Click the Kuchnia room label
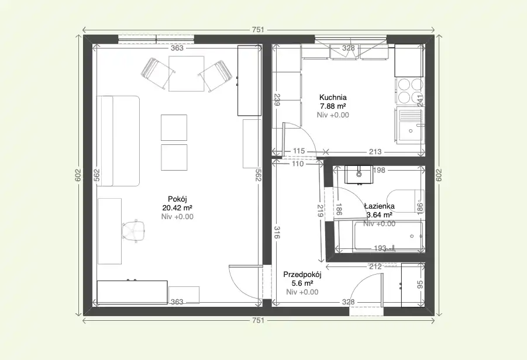coord(333,98)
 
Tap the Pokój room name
coord(177,199)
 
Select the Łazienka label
coord(380,206)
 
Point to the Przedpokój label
coord(302,275)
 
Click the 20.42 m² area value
coord(177,207)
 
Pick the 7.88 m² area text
coord(333,106)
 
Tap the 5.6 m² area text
coord(302,283)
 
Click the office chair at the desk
coord(134,230)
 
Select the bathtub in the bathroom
coord(389,236)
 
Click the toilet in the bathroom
coord(406,201)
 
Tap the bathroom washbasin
coord(359,174)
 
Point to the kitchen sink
coord(411,125)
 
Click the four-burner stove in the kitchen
coord(411,91)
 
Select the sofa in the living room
coord(118,141)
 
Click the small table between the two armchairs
coord(187,74)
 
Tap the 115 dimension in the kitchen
coord(298,151)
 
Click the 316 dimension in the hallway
coord(277,233)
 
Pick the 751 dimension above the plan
coord(258,30)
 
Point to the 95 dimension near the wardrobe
coord(420,285)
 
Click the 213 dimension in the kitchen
coord(375,152)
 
